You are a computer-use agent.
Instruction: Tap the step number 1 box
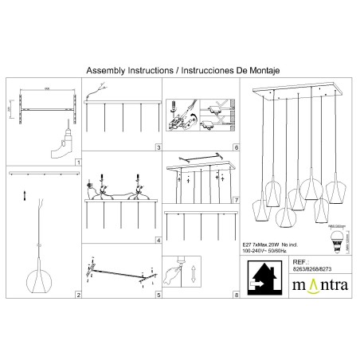[78, 162]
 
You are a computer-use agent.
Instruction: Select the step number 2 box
[78, 295]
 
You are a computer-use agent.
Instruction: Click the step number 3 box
[158, 148]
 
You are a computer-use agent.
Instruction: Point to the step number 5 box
[158, 295]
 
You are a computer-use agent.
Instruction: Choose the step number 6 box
[236, 148]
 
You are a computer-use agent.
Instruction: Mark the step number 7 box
[236, 198]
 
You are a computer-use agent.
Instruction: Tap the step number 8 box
[236, 295]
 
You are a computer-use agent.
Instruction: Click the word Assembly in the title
[104, 70]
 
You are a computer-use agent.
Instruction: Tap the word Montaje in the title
[260, 70]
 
